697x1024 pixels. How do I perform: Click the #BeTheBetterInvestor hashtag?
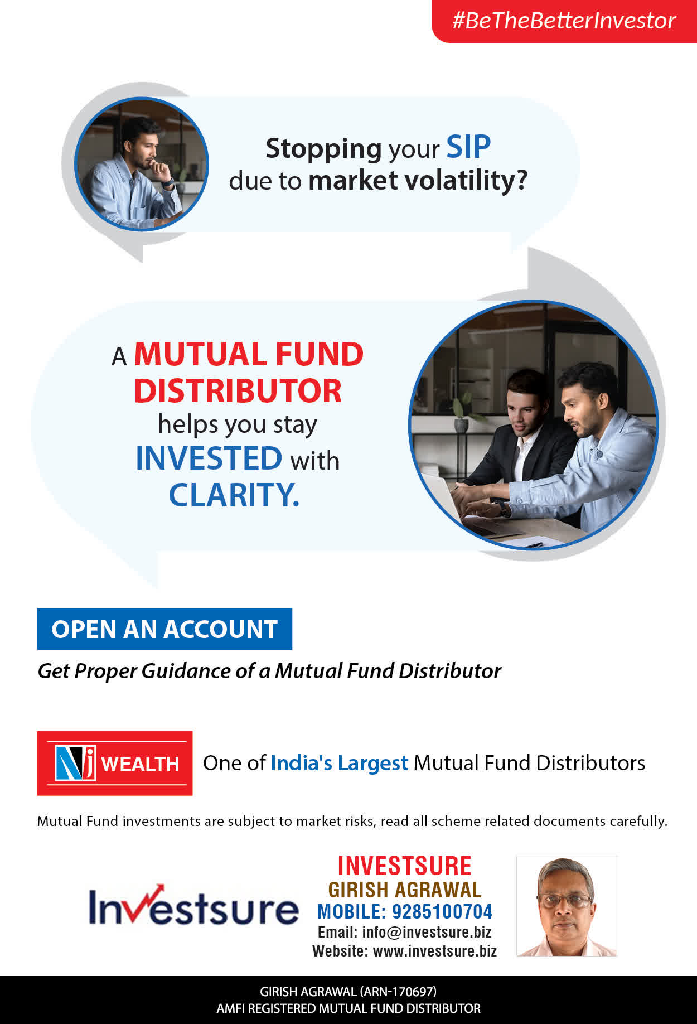point(564,21)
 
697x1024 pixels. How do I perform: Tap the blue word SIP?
point(468,147)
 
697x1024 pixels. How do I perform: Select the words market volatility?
point(418,181)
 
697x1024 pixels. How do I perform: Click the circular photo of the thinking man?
point(141,164)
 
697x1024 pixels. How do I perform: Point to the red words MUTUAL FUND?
point(249,354)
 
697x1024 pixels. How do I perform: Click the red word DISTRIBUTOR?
point(238,390)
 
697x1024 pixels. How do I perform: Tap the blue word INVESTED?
point(209,458)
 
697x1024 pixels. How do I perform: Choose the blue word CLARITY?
point(234,495)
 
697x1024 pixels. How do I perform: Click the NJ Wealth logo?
point(115,763)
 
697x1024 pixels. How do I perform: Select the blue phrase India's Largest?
point(340,763)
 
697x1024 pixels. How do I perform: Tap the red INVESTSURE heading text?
point(405,866)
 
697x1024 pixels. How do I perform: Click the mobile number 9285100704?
point(442,911)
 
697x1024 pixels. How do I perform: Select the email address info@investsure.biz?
point(427,932)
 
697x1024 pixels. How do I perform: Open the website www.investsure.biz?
point(435,951)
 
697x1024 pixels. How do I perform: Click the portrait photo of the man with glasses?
point(567,906)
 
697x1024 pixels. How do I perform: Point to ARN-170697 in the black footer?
point(398,992)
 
